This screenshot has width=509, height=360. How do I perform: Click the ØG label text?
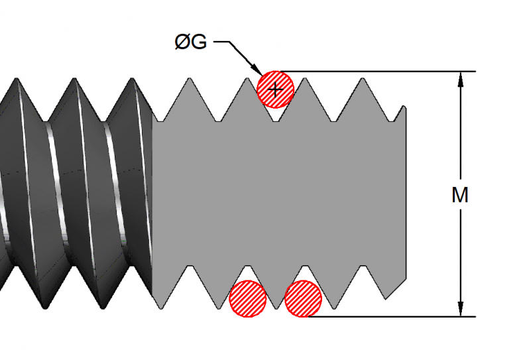click(x=190, y=42)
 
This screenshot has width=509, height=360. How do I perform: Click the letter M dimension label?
click(x=460, y=196)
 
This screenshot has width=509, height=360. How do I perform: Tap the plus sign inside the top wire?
click(x=275, y=88)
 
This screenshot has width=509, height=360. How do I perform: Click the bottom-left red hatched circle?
click(x=248, y=298)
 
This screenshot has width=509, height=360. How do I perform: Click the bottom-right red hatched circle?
click(x=304, y=298)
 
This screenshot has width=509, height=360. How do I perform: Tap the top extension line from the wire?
click(x=371, y=71)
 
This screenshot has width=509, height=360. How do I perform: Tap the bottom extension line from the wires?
click(x=384, y=316)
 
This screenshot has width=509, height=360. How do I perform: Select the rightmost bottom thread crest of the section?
click(x=364, y=267)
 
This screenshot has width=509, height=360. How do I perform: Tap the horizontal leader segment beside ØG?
click(x=222, y=42)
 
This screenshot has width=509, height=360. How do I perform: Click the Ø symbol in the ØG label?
click(x=182, y=42)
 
